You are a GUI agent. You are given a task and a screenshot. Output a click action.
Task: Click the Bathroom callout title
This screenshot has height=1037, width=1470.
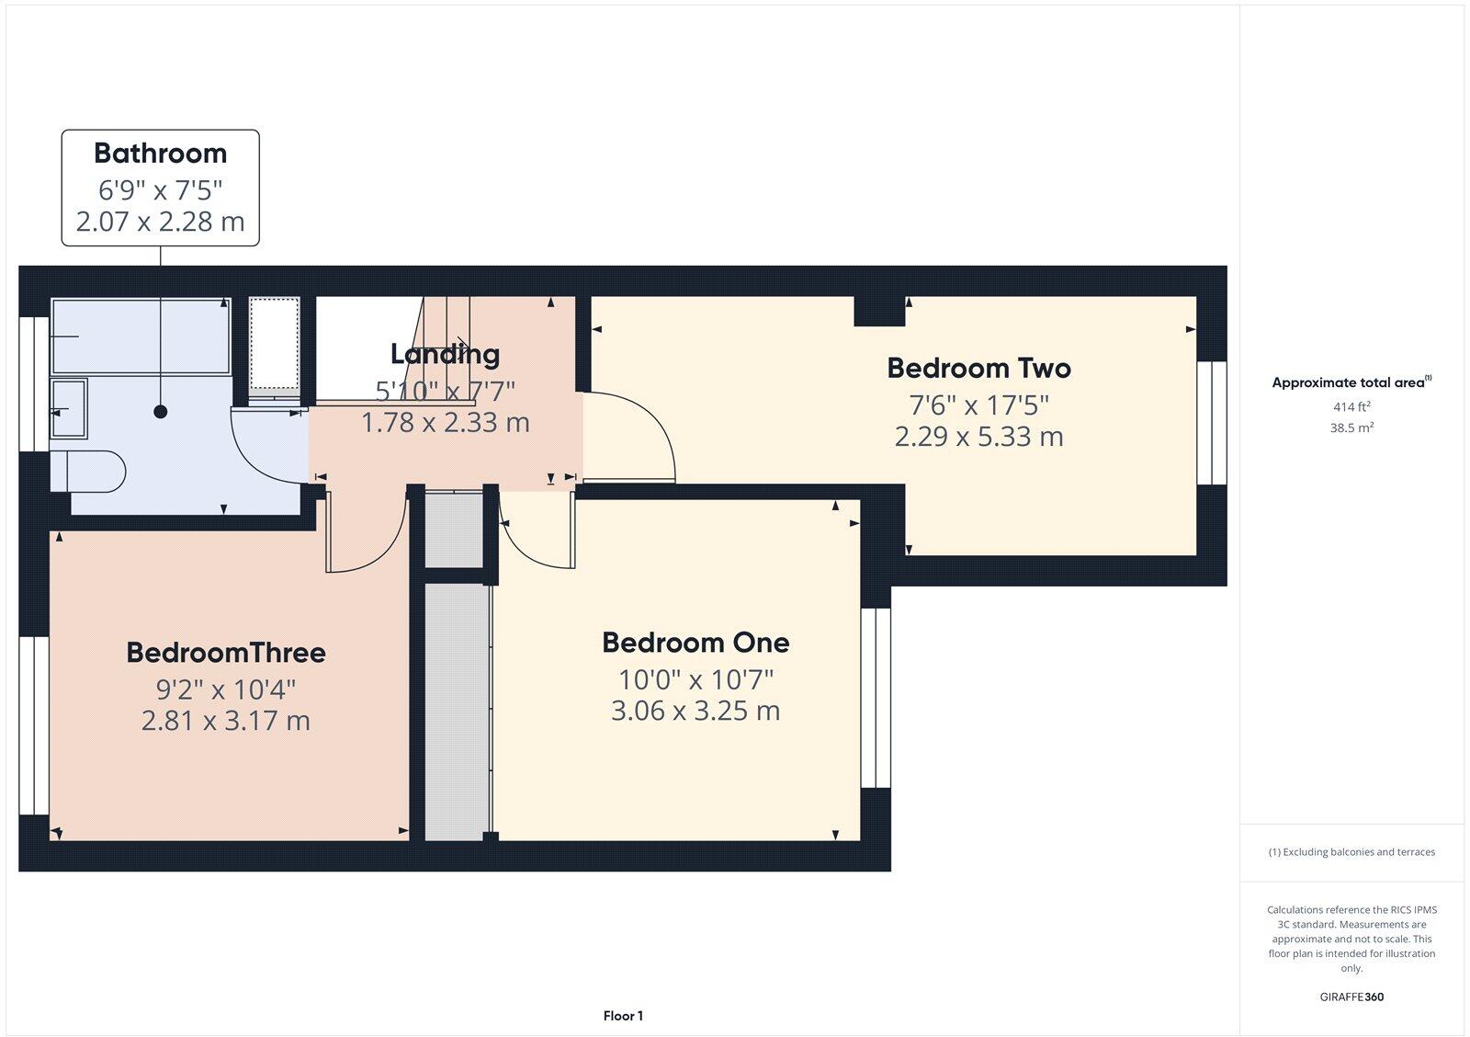[160, 153]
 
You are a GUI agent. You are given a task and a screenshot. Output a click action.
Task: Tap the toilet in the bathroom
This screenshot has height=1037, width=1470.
[88, 471]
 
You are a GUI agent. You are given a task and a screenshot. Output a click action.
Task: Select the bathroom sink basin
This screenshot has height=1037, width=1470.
[69, 408]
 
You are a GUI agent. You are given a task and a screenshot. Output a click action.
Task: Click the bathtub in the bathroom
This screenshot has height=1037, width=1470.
[141, 336]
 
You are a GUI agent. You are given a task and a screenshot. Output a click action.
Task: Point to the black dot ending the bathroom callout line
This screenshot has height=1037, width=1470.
[161, 412]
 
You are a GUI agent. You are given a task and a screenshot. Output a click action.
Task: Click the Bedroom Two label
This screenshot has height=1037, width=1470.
[978, 368]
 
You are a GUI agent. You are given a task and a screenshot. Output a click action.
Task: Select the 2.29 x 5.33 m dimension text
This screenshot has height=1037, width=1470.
[978, 436]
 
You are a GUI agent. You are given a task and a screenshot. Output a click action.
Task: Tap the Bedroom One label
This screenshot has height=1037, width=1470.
[695, 642]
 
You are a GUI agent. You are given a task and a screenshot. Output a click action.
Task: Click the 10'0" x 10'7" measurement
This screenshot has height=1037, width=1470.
[695, 679]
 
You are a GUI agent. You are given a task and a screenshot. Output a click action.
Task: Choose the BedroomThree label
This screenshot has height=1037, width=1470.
[226, 652]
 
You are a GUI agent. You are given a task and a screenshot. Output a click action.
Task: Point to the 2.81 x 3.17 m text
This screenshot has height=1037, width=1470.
[226, 720]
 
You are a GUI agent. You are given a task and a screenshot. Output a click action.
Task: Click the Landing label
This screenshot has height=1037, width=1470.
[445, 353]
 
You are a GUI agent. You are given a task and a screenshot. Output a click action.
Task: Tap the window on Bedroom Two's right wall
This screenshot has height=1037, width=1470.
[1212, 422]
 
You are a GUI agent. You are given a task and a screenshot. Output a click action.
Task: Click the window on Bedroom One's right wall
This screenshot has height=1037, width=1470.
[876, 698]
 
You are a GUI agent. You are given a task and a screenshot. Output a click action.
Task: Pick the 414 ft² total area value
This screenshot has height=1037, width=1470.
[1351, 406]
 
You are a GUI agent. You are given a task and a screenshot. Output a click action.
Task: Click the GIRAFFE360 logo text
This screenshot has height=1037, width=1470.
[1351, 997]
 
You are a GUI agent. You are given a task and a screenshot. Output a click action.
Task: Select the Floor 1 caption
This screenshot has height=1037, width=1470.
[623, 1016]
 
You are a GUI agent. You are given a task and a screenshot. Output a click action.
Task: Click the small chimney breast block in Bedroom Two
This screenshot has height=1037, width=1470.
[879, 311]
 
